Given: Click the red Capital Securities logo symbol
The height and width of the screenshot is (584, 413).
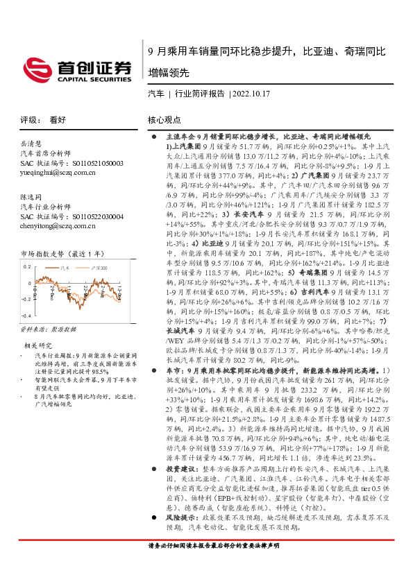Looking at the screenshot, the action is (x=35, y=67).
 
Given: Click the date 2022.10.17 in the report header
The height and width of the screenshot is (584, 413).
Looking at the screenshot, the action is (x=251, y=93).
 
